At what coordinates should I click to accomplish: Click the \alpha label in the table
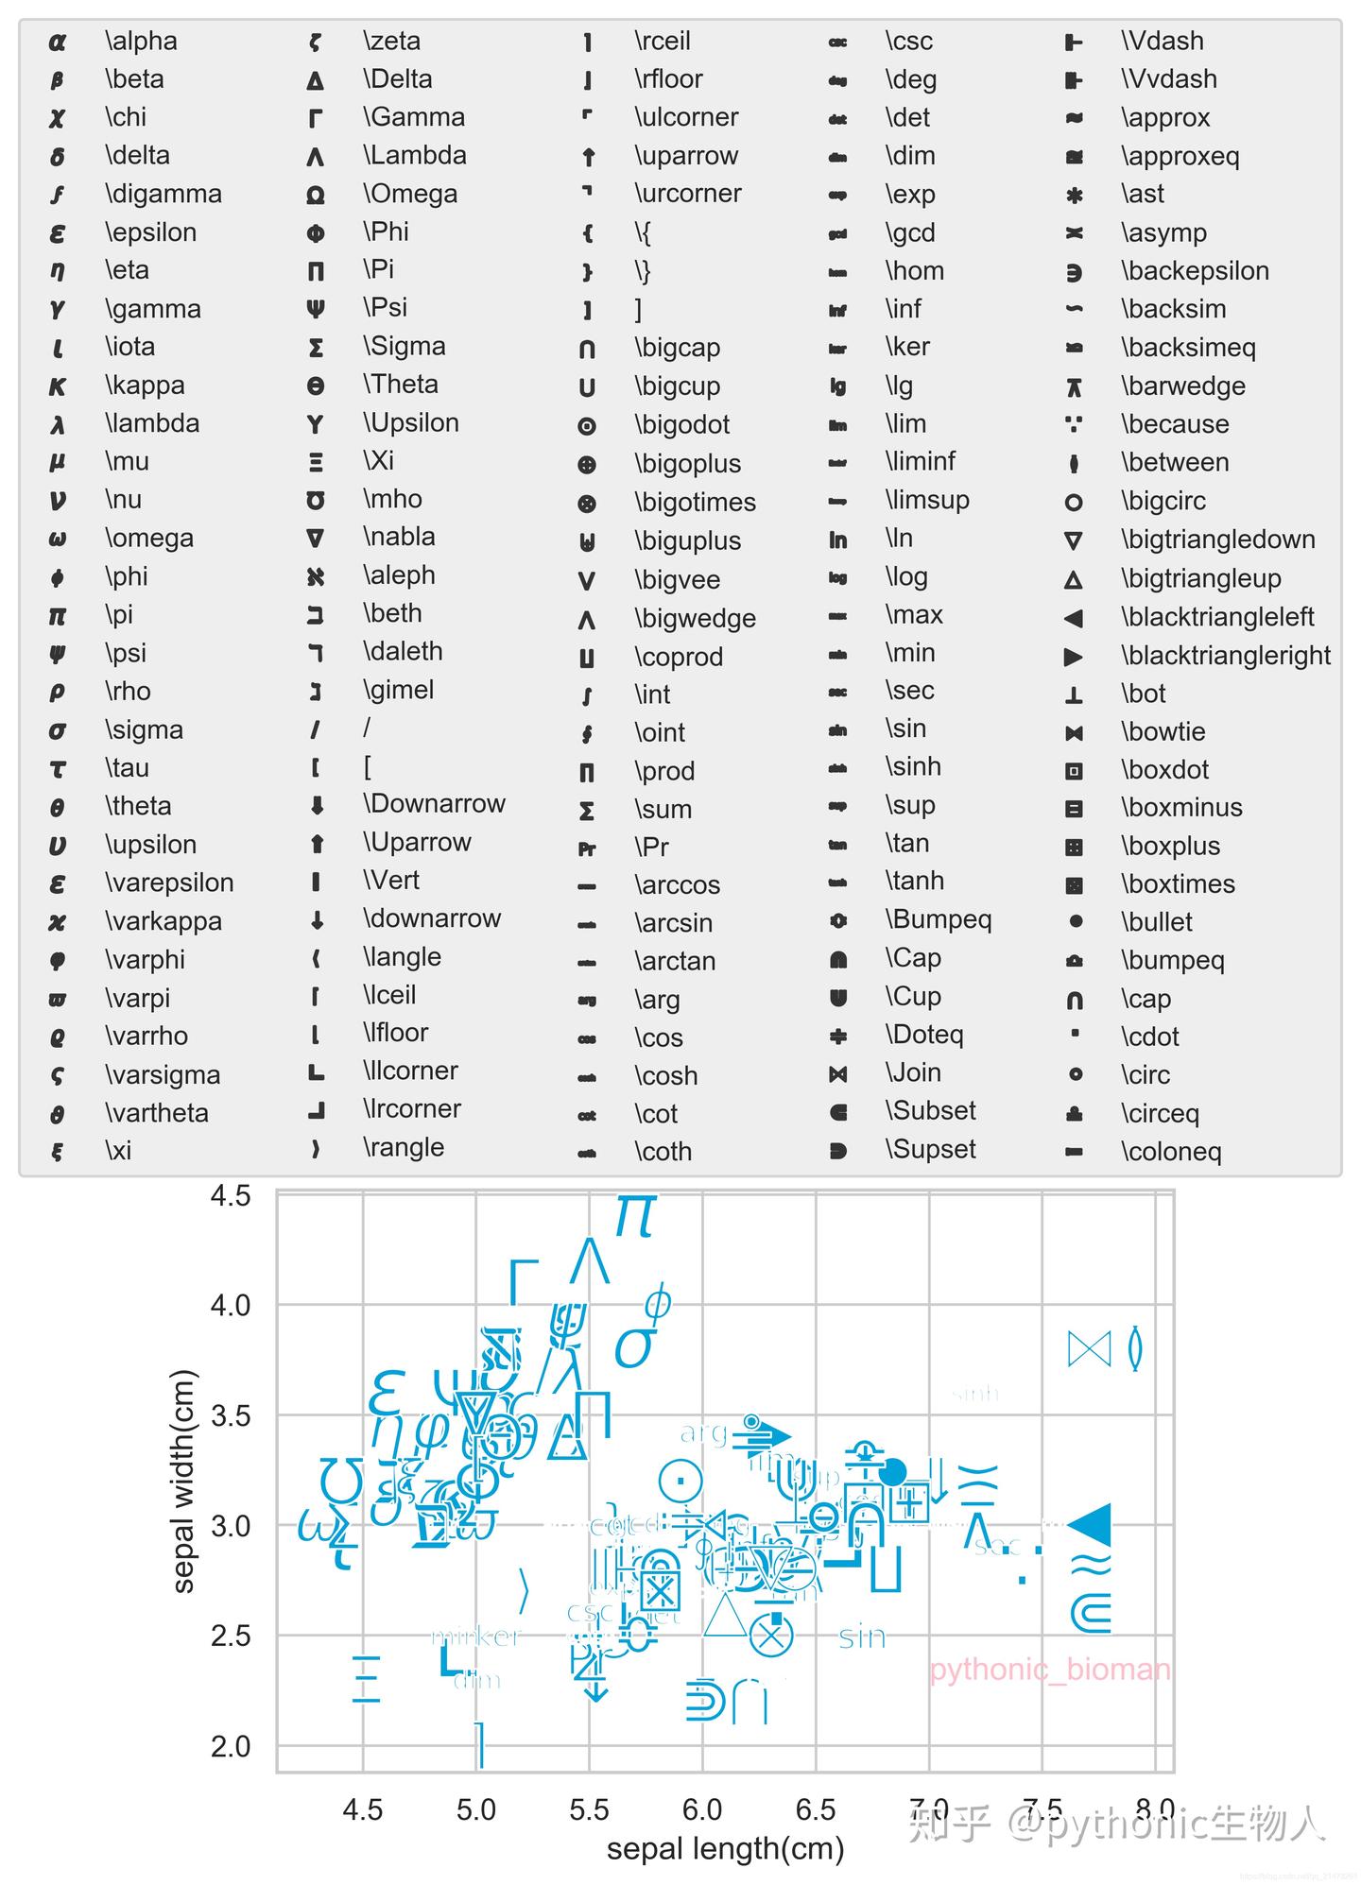(141, 41)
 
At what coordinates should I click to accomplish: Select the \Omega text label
(410, 194)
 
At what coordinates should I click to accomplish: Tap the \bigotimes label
(695, 503)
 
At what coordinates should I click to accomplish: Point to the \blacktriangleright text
(1226, 656)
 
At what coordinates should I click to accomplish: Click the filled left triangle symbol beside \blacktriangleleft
(1073, 619)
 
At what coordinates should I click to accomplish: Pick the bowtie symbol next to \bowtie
(1074, 733)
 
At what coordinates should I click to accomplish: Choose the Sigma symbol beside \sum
(587, 811)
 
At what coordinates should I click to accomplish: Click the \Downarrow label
(434, 804)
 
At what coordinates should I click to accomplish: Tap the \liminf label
(920, 461)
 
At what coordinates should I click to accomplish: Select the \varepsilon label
(169, 883)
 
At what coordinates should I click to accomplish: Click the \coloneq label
(1171, 1152)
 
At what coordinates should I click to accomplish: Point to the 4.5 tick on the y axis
(231, 1196)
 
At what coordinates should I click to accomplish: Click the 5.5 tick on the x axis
(589, 1809)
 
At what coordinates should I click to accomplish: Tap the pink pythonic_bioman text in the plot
(1049, 1670)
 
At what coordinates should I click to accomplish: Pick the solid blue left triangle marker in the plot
(1090, 1524)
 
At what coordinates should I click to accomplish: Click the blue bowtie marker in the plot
(1089, 1349)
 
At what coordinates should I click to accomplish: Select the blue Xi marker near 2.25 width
(365, 1679)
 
